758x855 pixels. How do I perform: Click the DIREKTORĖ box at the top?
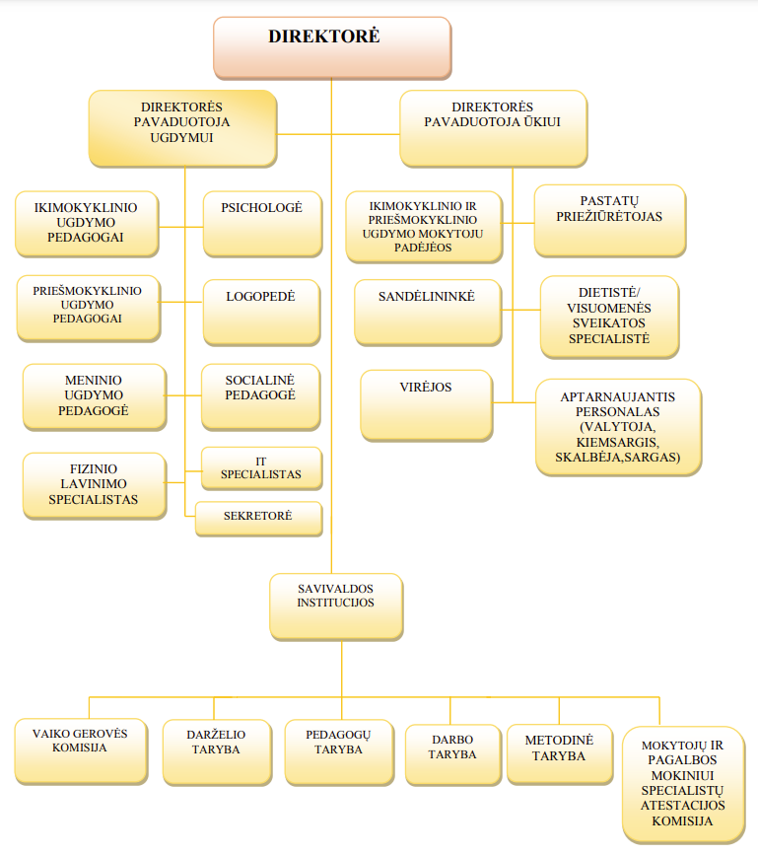click(x=332, y=48)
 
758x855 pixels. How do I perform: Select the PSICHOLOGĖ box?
click(x=262, y=224)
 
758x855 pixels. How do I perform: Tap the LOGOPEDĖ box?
click(x=261, y=313)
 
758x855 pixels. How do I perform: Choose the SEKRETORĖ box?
click(x=259, y=519)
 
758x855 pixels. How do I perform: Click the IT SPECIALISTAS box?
click(x=261, y=468)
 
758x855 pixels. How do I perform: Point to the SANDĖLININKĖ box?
click(x=428, y=313)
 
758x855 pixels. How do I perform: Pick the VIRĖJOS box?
click(x=427, y=405)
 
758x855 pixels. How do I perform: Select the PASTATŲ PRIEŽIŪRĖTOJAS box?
click(x=610, y=221)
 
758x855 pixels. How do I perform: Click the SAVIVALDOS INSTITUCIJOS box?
click(x=336, y=606)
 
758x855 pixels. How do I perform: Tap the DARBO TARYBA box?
click(x=452, y=754)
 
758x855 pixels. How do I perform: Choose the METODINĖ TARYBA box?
click(x=560, y=754)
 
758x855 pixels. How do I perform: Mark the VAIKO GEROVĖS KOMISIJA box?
click(x=81, y=751)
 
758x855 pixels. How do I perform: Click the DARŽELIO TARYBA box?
click(x=217, y=752)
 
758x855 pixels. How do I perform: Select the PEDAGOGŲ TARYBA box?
click(x=339, y=752)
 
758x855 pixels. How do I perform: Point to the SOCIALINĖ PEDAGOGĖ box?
click(x=260, y=397)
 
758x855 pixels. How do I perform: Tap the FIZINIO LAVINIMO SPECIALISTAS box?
click(x=95, y=486)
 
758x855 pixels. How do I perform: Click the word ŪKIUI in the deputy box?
click(x=542, y=122)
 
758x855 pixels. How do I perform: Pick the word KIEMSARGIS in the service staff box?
click(x=617, y=442)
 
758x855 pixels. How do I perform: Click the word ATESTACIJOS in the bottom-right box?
click(x=683, y=806)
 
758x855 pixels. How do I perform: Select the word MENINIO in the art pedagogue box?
click(x=94, y=380)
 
